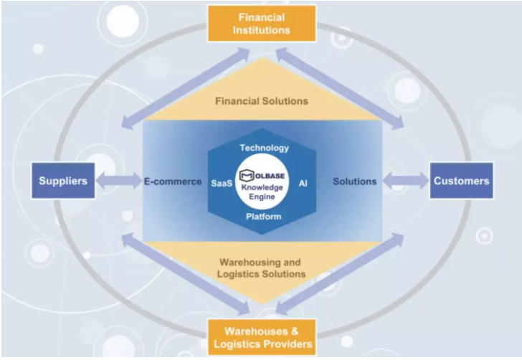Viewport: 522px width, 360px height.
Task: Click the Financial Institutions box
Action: coord(262,24)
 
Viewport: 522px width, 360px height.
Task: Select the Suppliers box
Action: coord(63,181)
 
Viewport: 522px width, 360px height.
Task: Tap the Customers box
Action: coord(462,181)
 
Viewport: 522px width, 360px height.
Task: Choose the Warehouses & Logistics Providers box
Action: coord(262,337)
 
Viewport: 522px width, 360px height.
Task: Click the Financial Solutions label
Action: coord(262,101)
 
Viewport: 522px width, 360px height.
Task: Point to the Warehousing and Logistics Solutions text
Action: coord(261,268)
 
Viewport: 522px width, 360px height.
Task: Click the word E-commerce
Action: coord(173,181)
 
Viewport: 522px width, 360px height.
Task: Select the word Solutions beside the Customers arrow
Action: coord(355,181)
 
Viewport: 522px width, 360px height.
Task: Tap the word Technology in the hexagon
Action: coord(265,148)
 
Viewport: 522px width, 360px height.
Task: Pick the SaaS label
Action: coord(222,184)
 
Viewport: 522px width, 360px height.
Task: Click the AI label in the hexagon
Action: coord(303,184)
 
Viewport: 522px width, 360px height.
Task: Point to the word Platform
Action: coord(264,217)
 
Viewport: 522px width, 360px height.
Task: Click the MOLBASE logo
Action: coord(262,175)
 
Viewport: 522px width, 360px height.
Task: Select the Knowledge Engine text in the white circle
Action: coord(262,191)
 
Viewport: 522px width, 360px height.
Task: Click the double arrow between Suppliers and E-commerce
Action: coord(119,181)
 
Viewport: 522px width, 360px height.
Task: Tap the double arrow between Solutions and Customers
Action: coord(406,181)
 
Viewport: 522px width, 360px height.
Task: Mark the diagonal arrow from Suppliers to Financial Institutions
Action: coord(186,88)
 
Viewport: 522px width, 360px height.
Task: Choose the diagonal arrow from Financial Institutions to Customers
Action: coord(340,88)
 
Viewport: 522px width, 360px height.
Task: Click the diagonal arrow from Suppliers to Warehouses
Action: coord(186,274)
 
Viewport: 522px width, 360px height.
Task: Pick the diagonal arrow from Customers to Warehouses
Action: coord(340,274)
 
